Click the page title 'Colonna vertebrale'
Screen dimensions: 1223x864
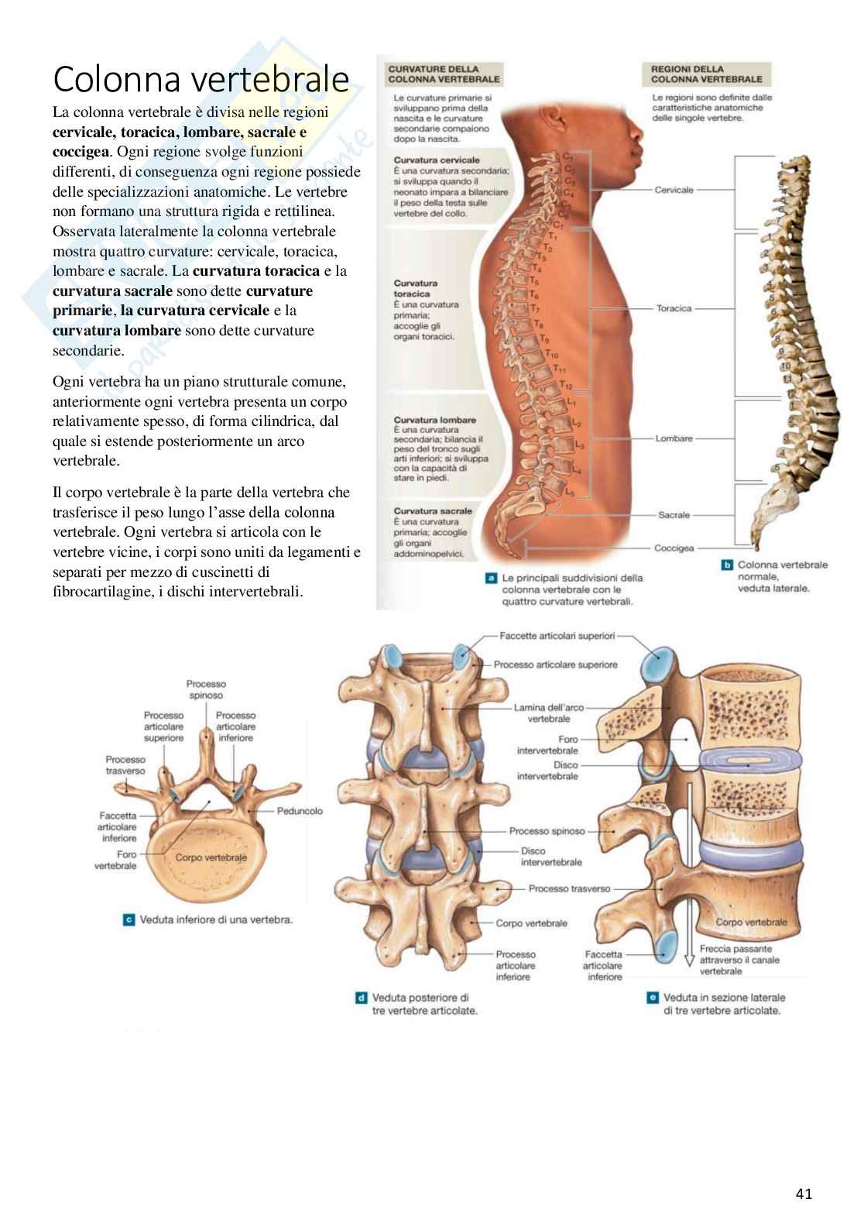tap(201, 79)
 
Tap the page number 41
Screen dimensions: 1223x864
tap(804, 1194)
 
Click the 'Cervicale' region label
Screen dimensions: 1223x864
tap(674, 190)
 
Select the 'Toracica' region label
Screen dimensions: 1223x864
tap(674, 308)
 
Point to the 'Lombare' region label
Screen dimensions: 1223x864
tap(674, 438)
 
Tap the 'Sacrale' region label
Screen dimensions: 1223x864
tap(674, 515)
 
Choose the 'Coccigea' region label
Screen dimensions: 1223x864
tap(674, 548)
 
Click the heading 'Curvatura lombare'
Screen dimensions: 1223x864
tap(434, 420)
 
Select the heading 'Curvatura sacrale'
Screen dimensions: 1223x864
tap(432, 511)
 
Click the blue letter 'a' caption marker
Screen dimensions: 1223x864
tap(490, 578)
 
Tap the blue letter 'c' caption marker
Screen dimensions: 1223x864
tap(129, 920)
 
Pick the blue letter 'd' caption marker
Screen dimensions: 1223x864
tap(361, 998)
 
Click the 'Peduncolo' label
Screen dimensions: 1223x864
tap(300, 811)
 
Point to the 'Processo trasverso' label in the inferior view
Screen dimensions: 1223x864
tap(125, 765)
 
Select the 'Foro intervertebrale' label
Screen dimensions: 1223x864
tap(547, 745)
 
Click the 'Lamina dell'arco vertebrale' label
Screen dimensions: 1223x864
tap(549, 713)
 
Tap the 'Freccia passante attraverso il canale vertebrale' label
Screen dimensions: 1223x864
tap(739, 960)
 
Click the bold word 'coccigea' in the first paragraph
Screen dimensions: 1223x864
tap(81, 151)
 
